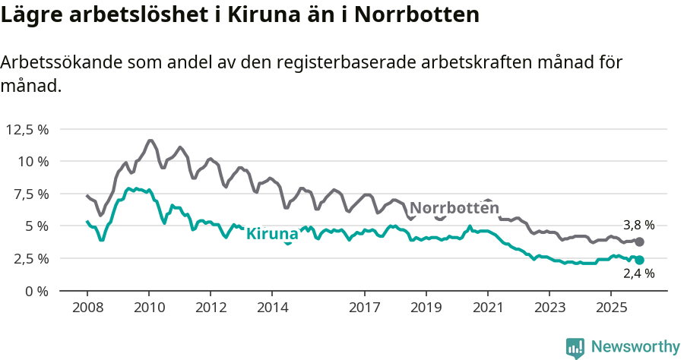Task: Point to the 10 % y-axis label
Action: pyautogui.click(x=33, y=162)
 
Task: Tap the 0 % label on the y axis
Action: pyautogui.click(x=37, y=291)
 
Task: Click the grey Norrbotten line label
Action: pyautogui.click(x=454, y=208)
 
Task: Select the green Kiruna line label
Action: pyautogui.click(x=272, y=233)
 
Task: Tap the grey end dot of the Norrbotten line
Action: pyautogui.click(x=639, y=242)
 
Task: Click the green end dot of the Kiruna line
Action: pyautogui.click(x=639, y=260)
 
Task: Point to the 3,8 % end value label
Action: pyautogui.click(x=638, y=225)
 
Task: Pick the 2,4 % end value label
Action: pyautogui.click(x=638, y=274)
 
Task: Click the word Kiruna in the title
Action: pyautogui.click(x=268, y=14)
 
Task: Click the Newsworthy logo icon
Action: pyautogui.click(x=575, y=347)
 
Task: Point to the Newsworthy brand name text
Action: pyautogui.click(x=635, y=347)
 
